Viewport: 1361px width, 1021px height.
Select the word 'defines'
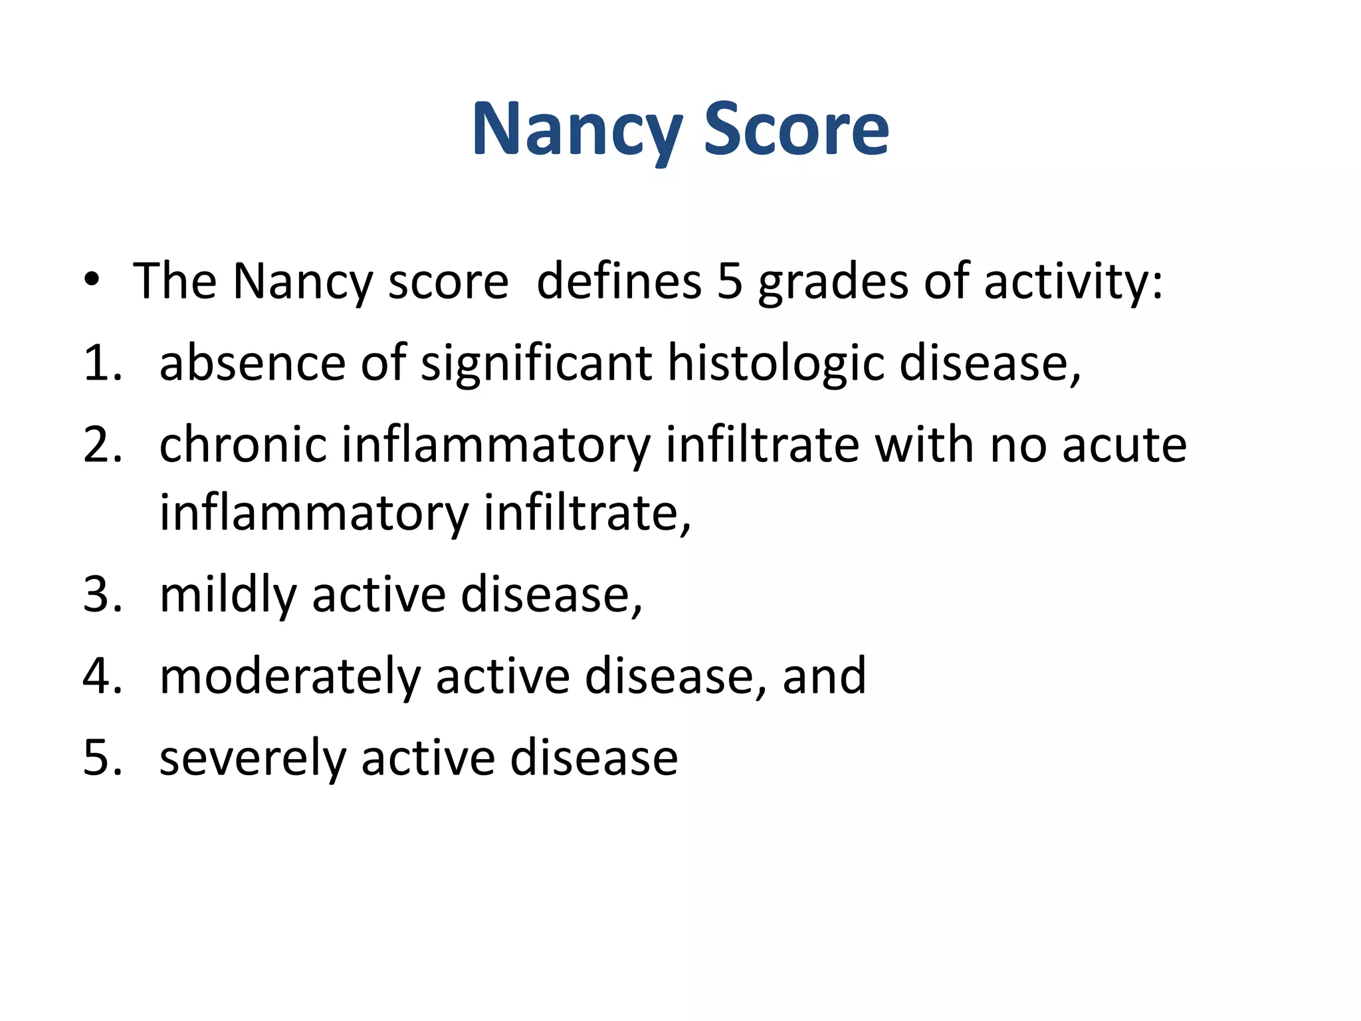tap(619, 282)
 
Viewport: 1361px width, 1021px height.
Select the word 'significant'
tap(536, 365)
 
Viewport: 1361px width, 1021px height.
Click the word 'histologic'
tap(776, 365)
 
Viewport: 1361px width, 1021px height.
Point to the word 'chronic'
tap(243, 445)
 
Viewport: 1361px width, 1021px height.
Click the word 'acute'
tap(1124, 445)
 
